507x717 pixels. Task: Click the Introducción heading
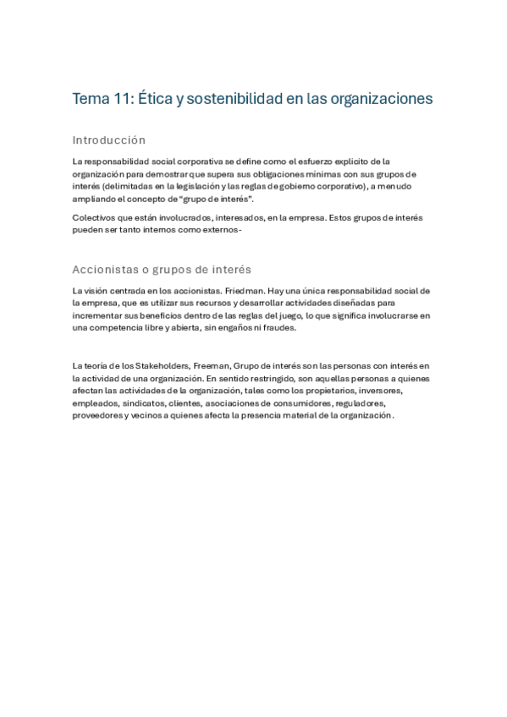[109, 140]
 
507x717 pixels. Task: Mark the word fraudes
[278, 327]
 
